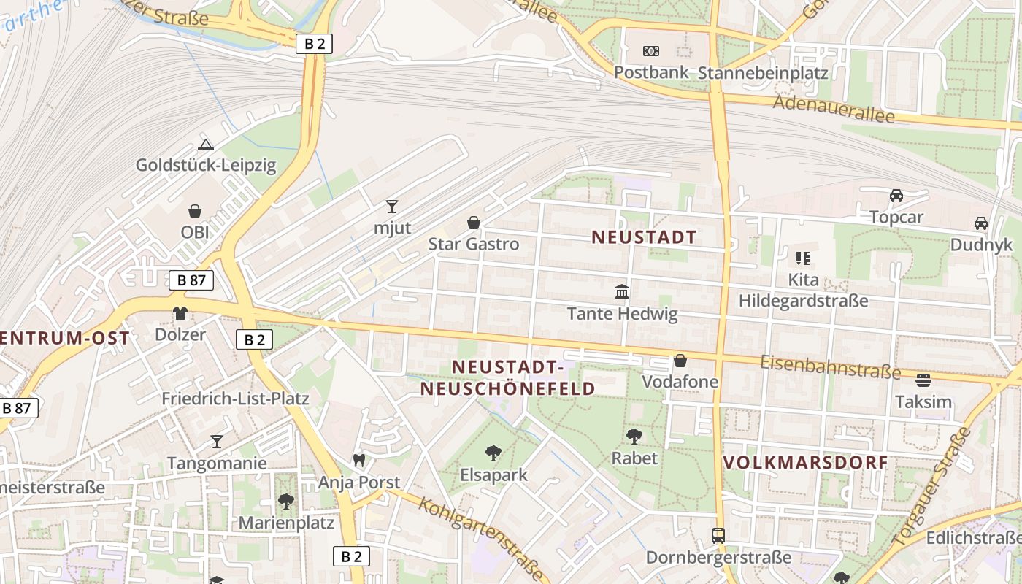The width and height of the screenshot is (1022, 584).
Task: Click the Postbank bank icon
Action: tap(650, 51)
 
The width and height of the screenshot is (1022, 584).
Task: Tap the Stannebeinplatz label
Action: tap(763, 73)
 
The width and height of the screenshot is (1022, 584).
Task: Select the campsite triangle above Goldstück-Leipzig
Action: tap(206, 145)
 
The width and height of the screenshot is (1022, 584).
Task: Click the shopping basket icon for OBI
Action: tap(195, 211)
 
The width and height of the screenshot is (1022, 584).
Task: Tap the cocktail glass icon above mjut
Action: tap(392, 207)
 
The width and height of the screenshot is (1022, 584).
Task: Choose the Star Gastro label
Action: tap(474, 244)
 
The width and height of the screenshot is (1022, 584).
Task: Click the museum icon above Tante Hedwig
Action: tap(622, 292)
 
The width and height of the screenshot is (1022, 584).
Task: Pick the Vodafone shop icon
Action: tap(680, 361)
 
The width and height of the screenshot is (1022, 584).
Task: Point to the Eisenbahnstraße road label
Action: tap(830, 367)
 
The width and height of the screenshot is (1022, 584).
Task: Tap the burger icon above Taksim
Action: tap(923, 380)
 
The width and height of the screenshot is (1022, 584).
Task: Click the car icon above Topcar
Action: tap(896, 196)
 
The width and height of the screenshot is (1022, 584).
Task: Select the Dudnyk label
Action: tap(981, 245)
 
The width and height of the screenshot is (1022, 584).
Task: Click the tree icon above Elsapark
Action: tap(493, 453)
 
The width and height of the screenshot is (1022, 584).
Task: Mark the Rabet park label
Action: tap(634, 458)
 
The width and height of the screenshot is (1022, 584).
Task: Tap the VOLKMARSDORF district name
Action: tap(806, 462)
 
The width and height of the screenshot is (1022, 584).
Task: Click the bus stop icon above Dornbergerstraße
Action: tap(718, 536)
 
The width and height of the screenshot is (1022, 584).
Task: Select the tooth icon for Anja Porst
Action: tap(358, 461)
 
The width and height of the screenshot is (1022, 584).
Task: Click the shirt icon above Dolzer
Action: tap(180, 313)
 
